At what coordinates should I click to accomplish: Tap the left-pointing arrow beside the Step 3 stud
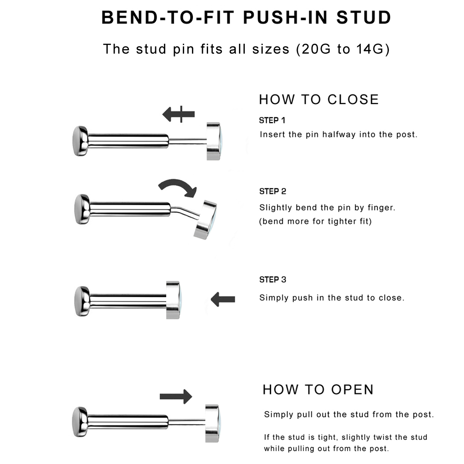(x=223, y=299)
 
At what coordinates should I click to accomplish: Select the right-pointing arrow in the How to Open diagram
(x=176, y=396)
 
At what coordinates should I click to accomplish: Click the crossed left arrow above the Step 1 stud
(x=179, y=114)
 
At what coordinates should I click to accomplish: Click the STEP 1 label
(x=272, y=121)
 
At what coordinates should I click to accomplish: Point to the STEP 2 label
(x=273, y=191)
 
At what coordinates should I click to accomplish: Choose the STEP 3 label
(x=273, y=280)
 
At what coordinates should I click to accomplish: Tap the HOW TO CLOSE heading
(x=319, y=99)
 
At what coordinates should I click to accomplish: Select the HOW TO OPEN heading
(x=319, y=390)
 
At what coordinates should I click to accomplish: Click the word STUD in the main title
(x=364, y=17)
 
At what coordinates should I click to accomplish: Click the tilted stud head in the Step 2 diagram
(x=205, y=220)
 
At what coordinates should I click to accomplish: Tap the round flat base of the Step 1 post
(x=80, y=141)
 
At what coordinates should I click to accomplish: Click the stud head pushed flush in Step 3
(x=173, y=300)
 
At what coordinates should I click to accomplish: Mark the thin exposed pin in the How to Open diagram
(x=187, y=421)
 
